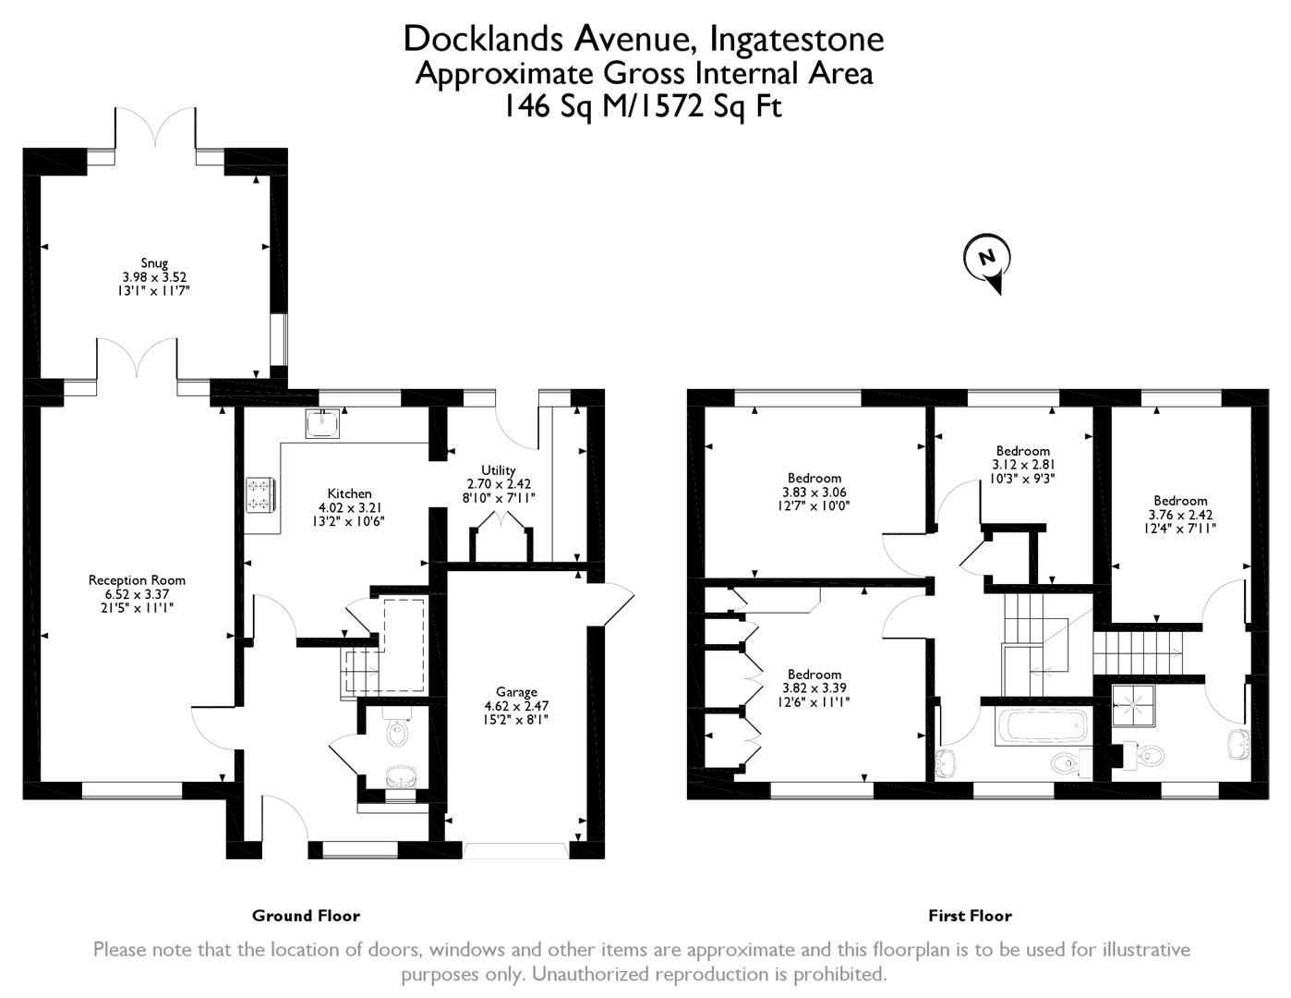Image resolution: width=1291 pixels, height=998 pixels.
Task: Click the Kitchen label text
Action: tap(349, 493)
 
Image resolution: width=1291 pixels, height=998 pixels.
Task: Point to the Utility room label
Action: tap(499, 470)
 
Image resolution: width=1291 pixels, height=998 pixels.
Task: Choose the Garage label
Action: tap(516, 692)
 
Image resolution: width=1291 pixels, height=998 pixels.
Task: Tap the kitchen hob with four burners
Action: tap(259, 493)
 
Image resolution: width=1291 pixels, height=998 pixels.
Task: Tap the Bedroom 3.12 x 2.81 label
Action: tap(1022, 451)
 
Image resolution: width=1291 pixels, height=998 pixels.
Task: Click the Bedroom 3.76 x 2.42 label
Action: tap(1180, 501)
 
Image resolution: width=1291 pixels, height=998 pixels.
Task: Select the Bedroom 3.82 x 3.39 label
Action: tap(814, 675)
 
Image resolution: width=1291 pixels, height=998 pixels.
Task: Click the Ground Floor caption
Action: tap(306, 916)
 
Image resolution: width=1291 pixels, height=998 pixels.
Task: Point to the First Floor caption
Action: tap(970, 916)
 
